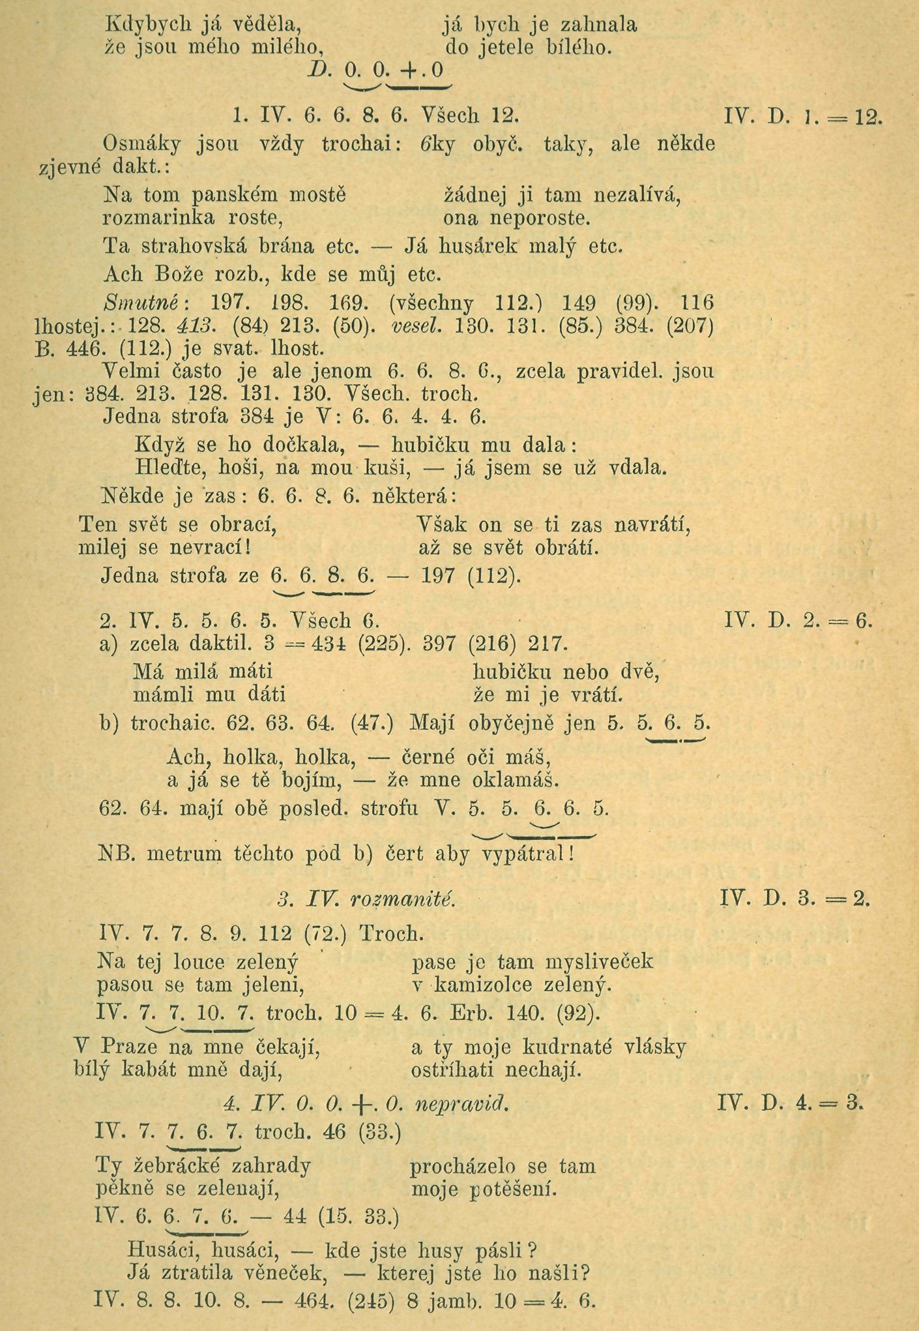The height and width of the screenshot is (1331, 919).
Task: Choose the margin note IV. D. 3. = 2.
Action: (x=795, y=899)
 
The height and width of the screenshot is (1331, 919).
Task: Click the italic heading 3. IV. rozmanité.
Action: (x=365, y=899)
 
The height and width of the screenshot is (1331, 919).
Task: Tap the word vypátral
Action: (x=525, y=854)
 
